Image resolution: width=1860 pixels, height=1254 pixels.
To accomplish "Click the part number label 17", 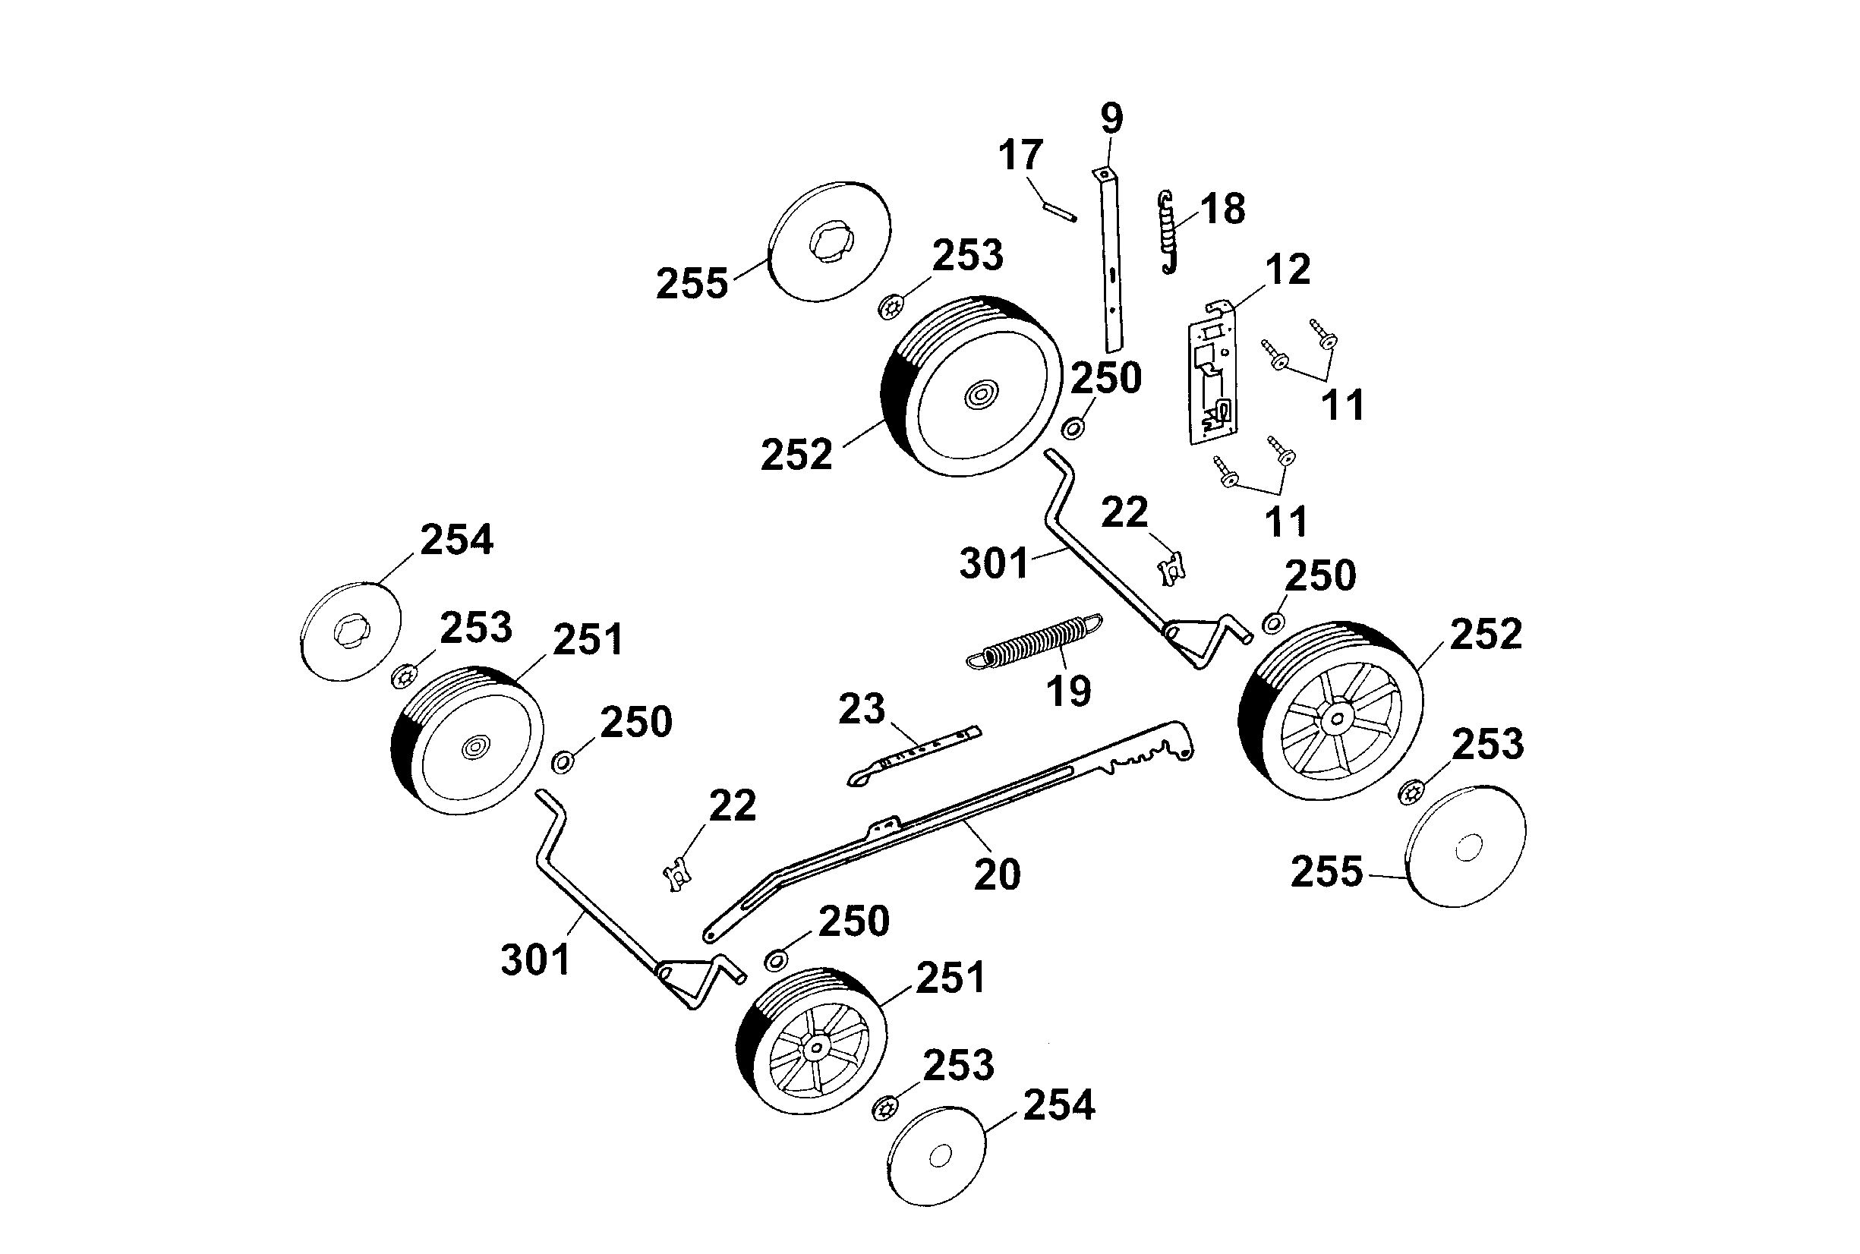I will click(x=1020, y=154).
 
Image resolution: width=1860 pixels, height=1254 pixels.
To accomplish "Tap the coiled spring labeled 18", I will click(x=1168, y=233).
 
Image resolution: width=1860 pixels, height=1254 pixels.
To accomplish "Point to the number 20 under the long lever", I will click(x=996, y=874).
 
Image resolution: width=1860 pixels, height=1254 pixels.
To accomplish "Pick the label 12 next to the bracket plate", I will click(x=1288, y=269).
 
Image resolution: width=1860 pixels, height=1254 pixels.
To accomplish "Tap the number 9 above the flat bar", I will click(x=1111, y=118).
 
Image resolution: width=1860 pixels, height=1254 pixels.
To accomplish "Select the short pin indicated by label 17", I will click(x=1060, y=212).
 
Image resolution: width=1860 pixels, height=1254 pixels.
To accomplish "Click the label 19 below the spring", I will click(x=1068, y=691).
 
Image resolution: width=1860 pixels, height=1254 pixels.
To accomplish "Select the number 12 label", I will click(x=1288, y=269).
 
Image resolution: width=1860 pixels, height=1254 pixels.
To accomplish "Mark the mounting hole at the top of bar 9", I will click(x=1104, y=173).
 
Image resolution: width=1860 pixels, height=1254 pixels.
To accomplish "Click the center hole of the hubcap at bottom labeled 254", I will click(x=941, y=1155).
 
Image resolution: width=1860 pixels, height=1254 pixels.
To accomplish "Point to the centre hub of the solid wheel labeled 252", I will click(x=980, y=394).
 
